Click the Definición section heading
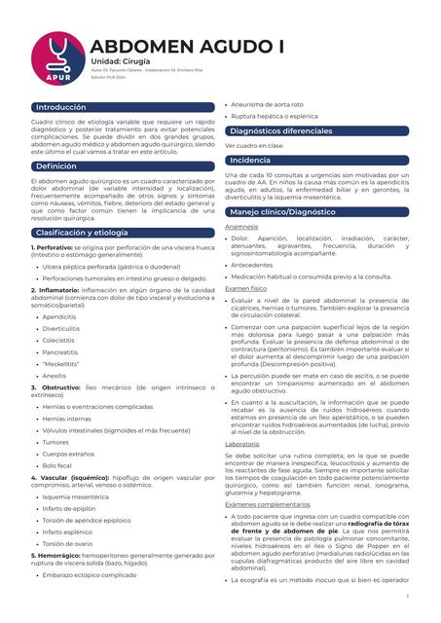click(55, 166)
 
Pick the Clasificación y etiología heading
click(82, 233)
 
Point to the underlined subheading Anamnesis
click(241, 227)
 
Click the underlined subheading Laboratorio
click(242, 443)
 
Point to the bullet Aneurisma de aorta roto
click(268, 104)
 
